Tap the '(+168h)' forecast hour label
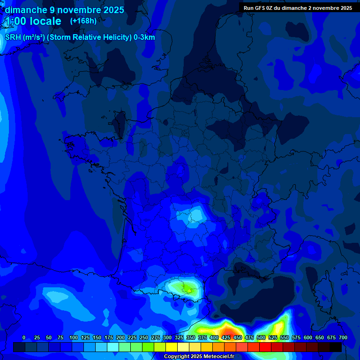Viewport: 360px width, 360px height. pyautogui.click(x=83, y=21)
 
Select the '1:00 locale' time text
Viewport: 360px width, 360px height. pyautogui.click(x=33, y=21)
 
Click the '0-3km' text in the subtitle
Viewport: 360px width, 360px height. pyautogui.click(x=144, y=37)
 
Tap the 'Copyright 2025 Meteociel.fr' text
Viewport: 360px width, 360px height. pyautogui.click(x=199, y=357)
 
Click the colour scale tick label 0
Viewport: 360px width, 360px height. pyautogui.click(x=24, y=337)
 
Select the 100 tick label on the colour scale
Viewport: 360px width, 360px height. pyautogui.click(x=74, y=337)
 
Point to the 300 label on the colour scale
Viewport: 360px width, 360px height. pyautogui.click(x=167, y=337)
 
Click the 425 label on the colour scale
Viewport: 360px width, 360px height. pyautogui.click(x=226, y=337)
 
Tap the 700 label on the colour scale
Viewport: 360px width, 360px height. pyautogui.click(x=343, y=337)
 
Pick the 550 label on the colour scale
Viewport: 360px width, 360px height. pyautogui.click(x=285, y=337)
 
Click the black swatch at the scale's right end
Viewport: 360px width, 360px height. pyautogui.click(x=336, y=347)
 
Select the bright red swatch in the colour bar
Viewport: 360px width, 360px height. pyautogui.click(x=265, y=347)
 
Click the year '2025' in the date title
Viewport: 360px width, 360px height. pyautogui.click(x=114, y=10)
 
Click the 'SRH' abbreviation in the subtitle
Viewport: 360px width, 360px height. pyautogui.click(x=13, y=37)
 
